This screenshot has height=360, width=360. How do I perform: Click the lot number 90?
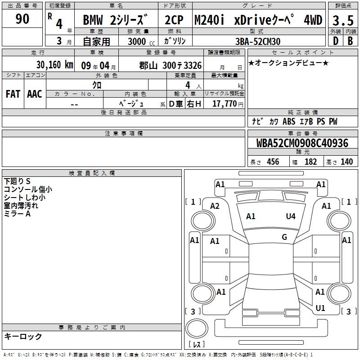[22, 18]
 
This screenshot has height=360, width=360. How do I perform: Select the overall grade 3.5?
[343, 20]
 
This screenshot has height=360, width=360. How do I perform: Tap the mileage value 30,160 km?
[54, 65]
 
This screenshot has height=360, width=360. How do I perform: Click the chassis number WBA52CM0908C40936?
[302, 143]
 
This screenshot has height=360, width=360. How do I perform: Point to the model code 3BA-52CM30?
[258, 41]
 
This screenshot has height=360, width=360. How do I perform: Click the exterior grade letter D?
[336, 41]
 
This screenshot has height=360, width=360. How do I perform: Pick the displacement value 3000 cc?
[141, 41]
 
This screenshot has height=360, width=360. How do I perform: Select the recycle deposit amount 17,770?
[224, 104]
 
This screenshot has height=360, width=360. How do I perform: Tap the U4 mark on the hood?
[291, 216]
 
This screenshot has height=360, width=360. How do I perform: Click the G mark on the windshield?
[284, 237]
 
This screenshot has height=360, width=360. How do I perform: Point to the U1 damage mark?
[320, 308]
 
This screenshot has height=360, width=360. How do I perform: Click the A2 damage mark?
[215, 206]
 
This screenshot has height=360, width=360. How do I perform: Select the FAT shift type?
[13, 94]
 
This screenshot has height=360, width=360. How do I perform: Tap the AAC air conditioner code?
[35, 94]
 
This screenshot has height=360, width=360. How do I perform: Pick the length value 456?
[273, 162]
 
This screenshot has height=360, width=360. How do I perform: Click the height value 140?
[346, 162]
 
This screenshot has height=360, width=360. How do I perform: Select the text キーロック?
[23, 336]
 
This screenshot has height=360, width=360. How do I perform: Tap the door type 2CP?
[174, 20]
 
